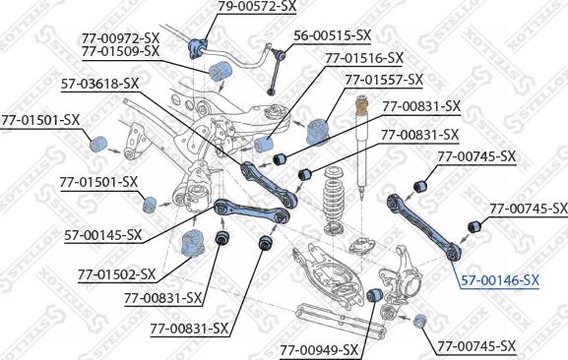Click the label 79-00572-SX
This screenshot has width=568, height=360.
pos(257,6)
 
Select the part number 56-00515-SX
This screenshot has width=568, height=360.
pos(332,35)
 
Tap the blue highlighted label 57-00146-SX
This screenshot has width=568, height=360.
pos(500,280)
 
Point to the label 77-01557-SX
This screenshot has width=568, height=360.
pos(384,80)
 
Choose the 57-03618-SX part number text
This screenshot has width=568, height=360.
pos(100,84)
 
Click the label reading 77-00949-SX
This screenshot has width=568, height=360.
pos(319,350)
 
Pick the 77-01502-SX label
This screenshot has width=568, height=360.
pos(116,274)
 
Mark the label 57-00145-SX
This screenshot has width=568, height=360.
pos(103,235)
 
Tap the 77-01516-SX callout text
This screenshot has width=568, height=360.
pos(364,58)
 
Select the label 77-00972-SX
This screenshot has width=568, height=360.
pos(120,38)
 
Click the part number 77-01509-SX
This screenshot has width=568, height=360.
pos(120,51)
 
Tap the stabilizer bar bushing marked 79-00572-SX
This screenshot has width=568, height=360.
pos(199,48)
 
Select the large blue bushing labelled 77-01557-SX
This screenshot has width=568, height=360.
pos(317,131)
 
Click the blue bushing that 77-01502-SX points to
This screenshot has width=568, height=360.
pos(192,243)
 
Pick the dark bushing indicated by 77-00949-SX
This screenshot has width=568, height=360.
pos(374,295)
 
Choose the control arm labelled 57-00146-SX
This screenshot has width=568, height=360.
pos(424,227)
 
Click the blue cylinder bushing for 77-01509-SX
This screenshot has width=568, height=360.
pos(221,72)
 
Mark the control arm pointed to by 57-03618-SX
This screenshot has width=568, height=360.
pos(269,185)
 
